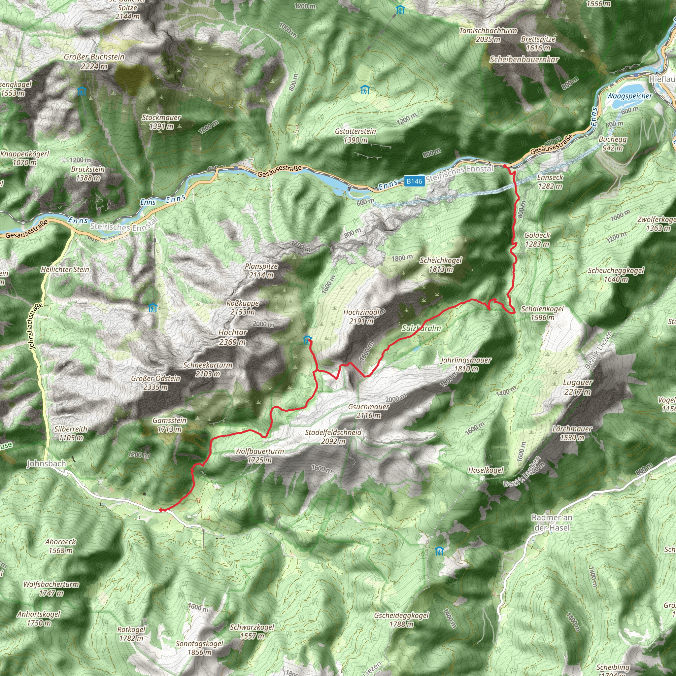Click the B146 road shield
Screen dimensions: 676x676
click(x=414, y=181)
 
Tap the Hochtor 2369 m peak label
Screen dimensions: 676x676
click(x=233, y=337)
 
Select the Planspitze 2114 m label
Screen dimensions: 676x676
click(x=261, y=270)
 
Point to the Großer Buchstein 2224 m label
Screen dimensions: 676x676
click(x=94, y=61)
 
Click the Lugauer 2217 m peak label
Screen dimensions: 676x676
click(x=578, y=387)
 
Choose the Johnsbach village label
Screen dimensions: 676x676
click(x=46, y=464)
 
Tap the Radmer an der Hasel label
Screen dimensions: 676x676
click(x=552, y=523)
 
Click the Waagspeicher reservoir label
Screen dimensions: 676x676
click(x=629, y=96)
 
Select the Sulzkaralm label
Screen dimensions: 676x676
click(x=421, y=328)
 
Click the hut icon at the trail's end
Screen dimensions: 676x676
click(x=307, y=339)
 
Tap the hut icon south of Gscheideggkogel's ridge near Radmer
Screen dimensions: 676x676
click(x=439, y=552)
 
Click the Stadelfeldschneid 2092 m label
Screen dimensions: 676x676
click(x=333, y=437)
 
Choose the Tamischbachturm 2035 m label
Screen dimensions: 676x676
click(x=488, y=35)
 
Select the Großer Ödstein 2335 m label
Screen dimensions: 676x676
click(x=156, y=383)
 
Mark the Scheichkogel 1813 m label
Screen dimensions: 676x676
click(x=441, y=264)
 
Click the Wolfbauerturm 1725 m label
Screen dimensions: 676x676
click(x=259, y=456)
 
